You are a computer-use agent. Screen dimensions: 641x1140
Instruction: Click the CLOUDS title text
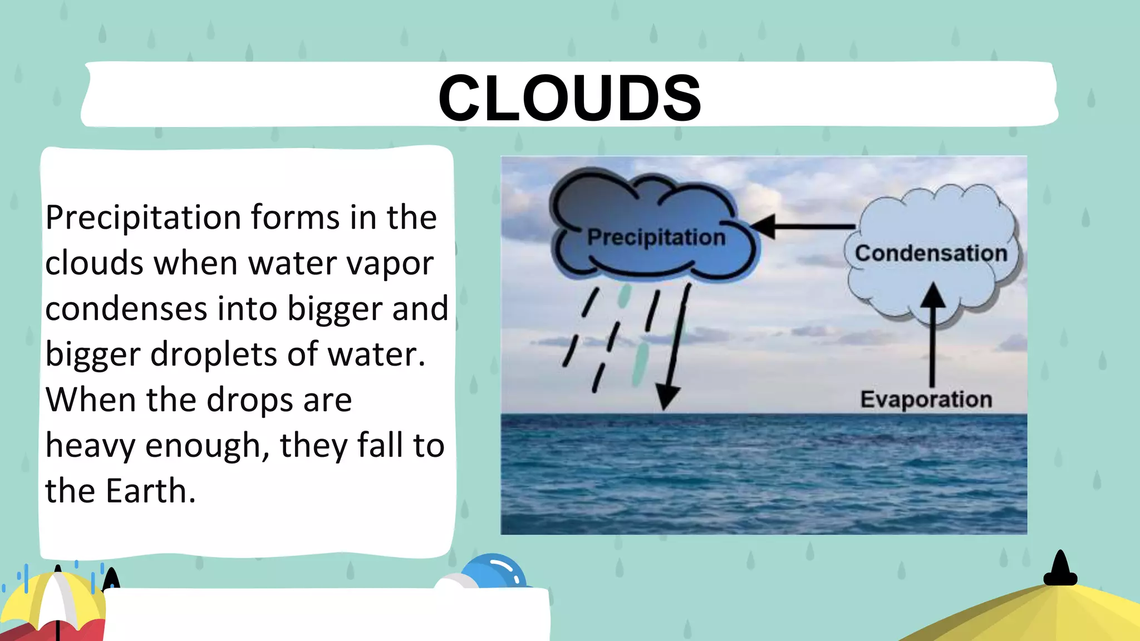(x=569, y=98)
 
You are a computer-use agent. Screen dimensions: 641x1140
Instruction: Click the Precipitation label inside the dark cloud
(x=656, y=238)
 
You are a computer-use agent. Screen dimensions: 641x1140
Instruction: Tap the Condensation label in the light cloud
(x=931, y=254)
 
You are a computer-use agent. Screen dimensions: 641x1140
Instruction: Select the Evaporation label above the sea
(x=926, y=400)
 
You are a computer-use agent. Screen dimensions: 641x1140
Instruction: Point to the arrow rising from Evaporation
(x=932, y=334)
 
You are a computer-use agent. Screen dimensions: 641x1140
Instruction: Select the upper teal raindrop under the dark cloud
(x=624, y=296)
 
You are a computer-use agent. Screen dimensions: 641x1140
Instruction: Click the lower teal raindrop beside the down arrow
(x=641, y=364)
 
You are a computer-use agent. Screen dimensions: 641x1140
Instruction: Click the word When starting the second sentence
(x=90, y=400)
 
